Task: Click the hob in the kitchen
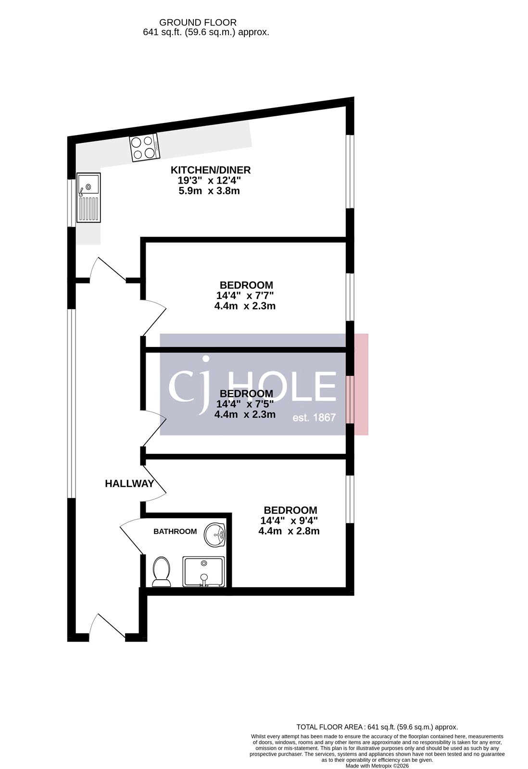[144, 147]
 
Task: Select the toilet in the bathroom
[161, 572]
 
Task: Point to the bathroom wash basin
[215, 535]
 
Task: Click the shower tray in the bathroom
[203, 572]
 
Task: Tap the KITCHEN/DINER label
[211, 170]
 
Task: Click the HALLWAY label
[129, 484]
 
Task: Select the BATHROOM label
[175, 532]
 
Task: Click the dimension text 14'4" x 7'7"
[245, 296]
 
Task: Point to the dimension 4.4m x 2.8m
[289, 531]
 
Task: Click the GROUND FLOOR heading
[198, 22]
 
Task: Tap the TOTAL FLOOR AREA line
[377, 727]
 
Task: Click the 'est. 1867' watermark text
[314, 417]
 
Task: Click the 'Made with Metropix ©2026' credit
[377, 766]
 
